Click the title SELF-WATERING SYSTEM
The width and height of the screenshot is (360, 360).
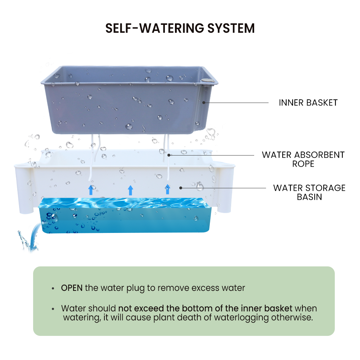tap(180, 28)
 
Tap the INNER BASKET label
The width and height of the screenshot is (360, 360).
tap(308, 103)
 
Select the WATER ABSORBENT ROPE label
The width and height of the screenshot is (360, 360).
tap(303, 159)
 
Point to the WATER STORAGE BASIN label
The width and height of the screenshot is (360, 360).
tap(309, 192)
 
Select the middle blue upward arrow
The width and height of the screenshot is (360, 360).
tap(130, 190)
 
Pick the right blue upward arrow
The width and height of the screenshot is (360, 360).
tap(167, 189)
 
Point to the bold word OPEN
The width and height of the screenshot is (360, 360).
tap(72, 288)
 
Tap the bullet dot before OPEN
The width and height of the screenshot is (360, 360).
tap(53, 288)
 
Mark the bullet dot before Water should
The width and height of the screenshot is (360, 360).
tap(53, 309)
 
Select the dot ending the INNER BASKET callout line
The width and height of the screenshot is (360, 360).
tap(203, 103)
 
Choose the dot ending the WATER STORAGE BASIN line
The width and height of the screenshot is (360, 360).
tap(181, 188)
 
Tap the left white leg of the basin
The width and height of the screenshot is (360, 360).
tap(23, 191)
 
